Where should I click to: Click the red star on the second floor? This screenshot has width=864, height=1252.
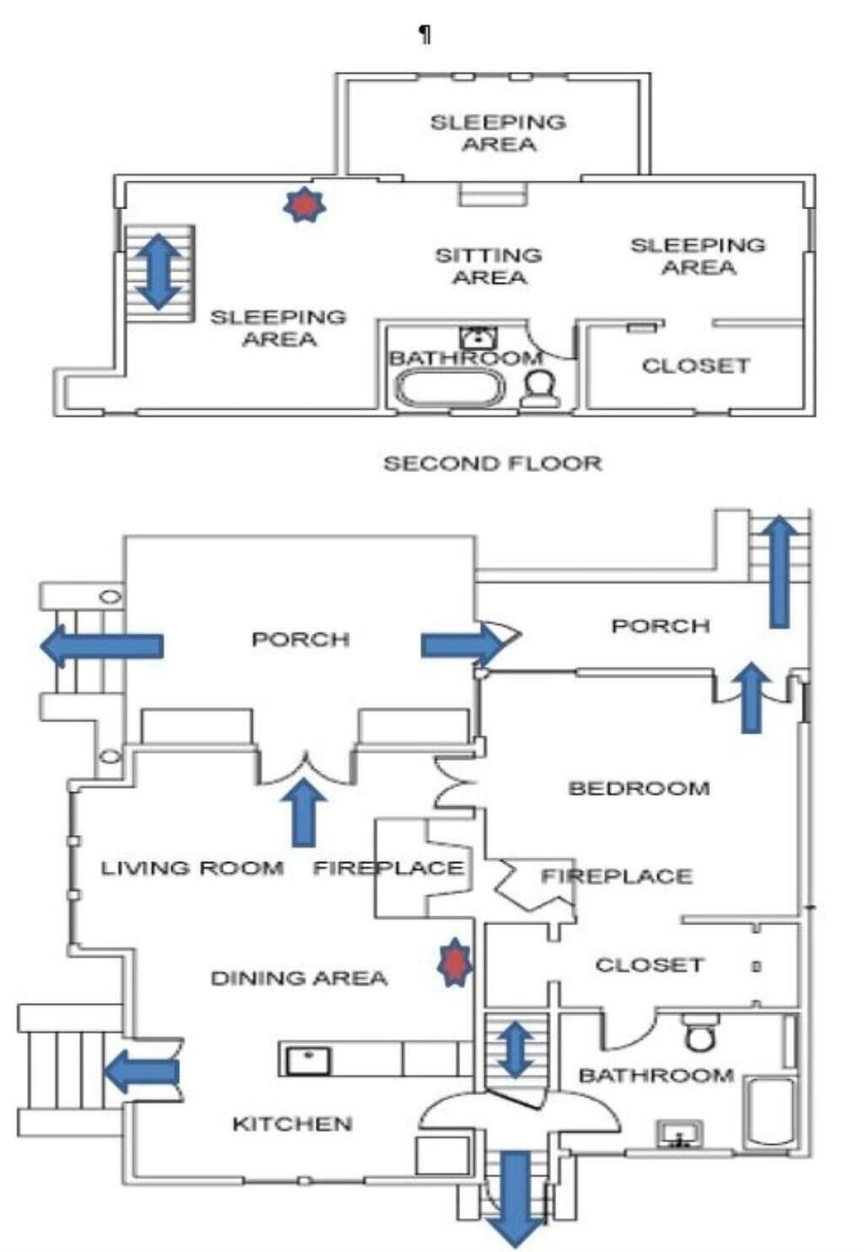pyautogui.click(x=304, y=205)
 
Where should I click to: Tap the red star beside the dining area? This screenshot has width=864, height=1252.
pyautogui.click(x=454, y=963)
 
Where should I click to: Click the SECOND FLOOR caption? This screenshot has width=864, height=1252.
pyautogui.click(x=492, y=464)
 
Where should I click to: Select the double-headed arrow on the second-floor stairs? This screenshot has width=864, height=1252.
pyautogui.click(x=158, y=271)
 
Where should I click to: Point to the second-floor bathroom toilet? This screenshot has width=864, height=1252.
pyautogui.click(x=540, y=388)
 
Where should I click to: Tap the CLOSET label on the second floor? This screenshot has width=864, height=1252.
pyautogui.click(x=696, y=366)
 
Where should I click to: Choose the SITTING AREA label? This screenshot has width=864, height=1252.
pyautogui.click(x=489, y=267)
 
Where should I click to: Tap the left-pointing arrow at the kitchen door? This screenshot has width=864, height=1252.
pyautogui.click(x=141, y=1072)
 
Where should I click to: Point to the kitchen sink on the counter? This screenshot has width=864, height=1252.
pyautogui.click(x=308, y=1060)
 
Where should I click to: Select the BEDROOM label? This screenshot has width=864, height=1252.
pyautogui.click(x=639, y=789)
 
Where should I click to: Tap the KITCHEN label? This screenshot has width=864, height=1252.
pyautogui.click(x=292, y=1124)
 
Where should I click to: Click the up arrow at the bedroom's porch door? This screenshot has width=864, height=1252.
pyautogui.click(x=751, y=696)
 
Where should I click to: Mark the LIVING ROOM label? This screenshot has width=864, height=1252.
pyautogui.click(x=192, y=868)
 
